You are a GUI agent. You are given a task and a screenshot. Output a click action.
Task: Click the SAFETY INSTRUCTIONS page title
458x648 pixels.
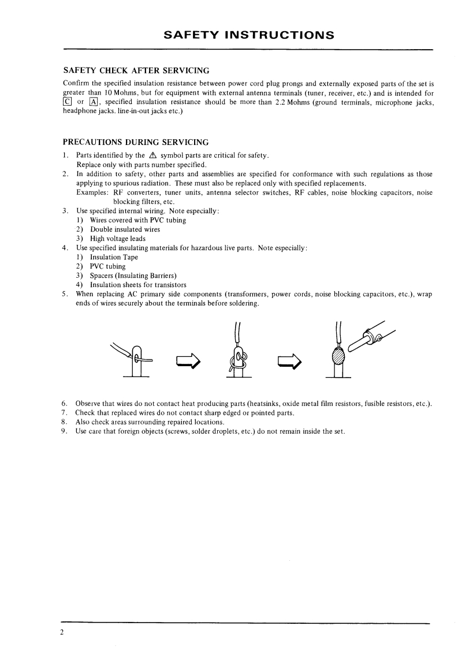[249, 35]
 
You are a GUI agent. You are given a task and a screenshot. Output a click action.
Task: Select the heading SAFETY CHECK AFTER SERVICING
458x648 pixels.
[136, 71]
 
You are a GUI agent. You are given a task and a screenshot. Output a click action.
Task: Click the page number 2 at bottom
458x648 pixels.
[62, 631]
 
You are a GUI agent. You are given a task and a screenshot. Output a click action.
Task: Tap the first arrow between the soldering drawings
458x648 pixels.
[188, 362]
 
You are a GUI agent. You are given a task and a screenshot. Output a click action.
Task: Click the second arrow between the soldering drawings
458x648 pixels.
[290, 362]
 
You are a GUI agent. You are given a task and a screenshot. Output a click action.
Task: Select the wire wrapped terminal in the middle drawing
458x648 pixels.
[238, 361]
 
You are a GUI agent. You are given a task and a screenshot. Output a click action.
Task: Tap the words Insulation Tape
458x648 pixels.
[114, 257]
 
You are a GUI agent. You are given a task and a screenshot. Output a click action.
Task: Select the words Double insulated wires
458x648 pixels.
[125, 229]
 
